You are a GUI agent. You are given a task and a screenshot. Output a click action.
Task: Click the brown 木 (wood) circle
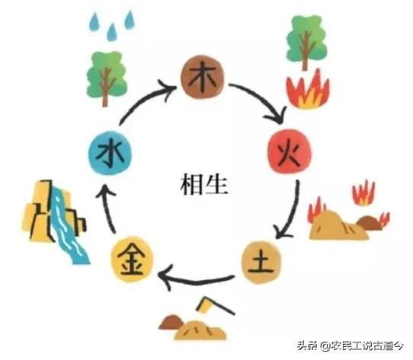(202, 77)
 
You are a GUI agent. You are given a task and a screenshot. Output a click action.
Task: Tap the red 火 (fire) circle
(290, 151)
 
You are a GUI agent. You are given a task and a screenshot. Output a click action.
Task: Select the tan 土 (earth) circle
(261, 262)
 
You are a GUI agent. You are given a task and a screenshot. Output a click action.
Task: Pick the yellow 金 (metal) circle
(131, 260)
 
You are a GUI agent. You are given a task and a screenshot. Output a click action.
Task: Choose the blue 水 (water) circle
(109, 153)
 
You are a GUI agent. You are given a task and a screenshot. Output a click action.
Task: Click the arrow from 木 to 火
(264, 98)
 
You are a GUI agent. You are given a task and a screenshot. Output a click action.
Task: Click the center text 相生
(204, 185)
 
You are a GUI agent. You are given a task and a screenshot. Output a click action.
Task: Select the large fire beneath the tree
(308, 89)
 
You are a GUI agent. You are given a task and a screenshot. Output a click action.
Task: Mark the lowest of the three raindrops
(112, 32)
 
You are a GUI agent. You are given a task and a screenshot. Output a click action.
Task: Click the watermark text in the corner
(351, 346)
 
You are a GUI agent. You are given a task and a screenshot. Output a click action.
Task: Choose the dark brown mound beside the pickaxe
(171, 322)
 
